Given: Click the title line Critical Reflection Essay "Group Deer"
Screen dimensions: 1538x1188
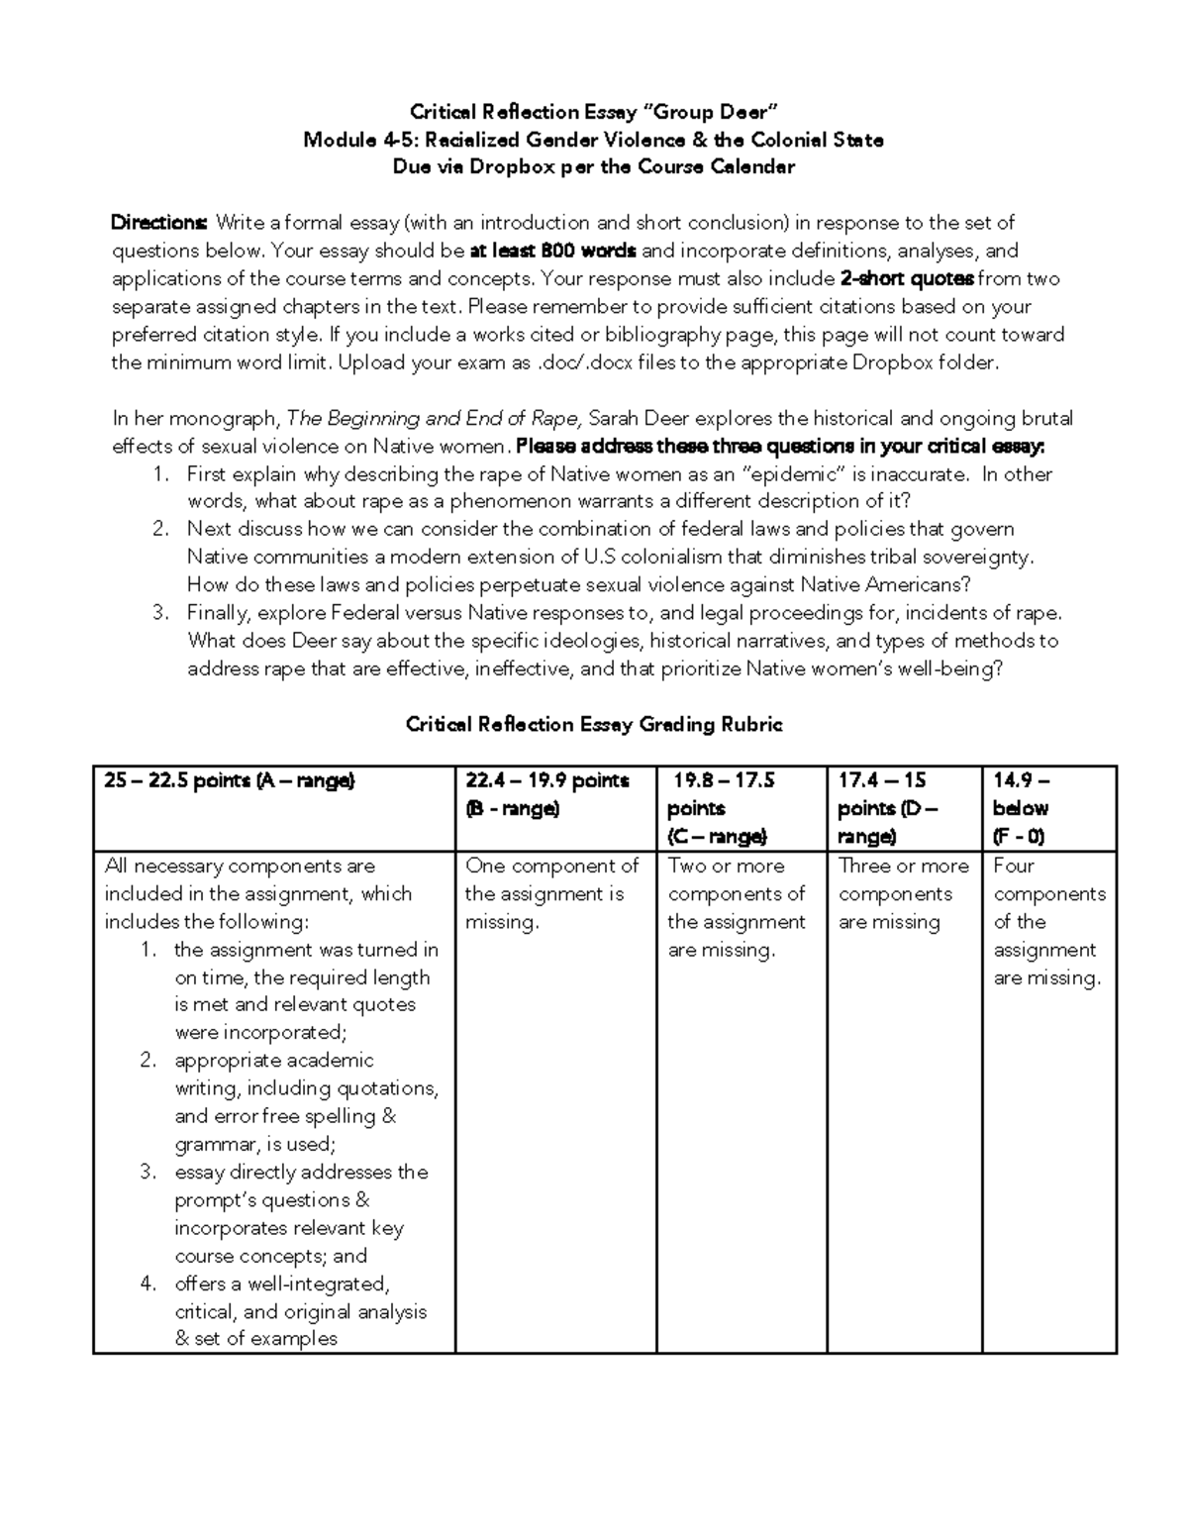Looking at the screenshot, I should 593,112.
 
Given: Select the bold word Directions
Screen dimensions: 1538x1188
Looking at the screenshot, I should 159,223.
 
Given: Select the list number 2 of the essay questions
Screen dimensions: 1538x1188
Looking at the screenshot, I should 161,530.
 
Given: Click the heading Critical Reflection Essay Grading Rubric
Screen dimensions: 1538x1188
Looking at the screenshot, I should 593,725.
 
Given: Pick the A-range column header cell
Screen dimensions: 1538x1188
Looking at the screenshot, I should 230,781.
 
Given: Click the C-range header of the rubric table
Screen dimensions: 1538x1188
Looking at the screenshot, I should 721,808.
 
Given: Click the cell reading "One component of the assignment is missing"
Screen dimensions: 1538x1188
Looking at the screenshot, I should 551,894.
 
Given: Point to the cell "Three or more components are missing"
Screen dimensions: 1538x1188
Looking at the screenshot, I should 903,894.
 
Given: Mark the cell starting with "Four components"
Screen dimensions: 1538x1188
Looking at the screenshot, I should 1048,921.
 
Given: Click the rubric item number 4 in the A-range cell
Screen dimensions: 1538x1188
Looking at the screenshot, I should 148,1284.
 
